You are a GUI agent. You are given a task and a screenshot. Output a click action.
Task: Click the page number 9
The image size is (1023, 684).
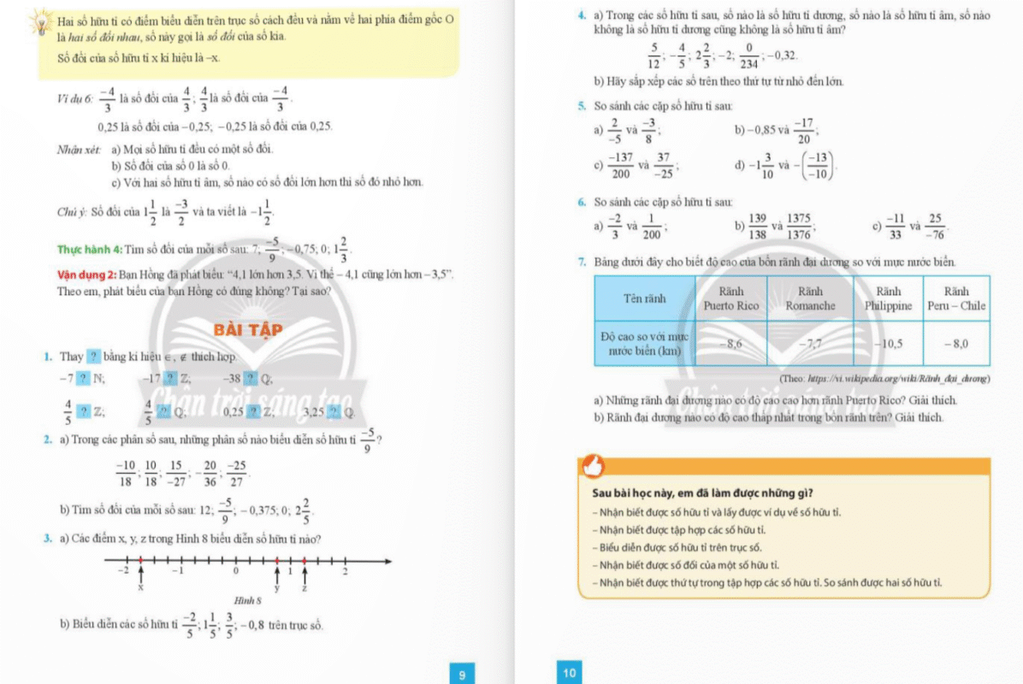[x=462, y=675]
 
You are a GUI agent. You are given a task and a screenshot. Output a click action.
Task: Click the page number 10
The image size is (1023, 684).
[x=570, y=673]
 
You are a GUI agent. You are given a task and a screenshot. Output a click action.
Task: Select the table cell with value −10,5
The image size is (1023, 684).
[x=888, y=344]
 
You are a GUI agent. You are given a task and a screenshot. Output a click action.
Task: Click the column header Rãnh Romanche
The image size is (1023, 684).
[x=809, y=298]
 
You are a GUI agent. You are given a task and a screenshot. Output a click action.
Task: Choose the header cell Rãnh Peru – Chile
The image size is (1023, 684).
[x=956, y=298]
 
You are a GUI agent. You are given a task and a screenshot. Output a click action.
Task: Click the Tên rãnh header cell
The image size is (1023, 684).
[x=644, y=298]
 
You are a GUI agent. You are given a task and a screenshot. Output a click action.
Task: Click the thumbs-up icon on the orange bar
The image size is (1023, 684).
[x=593, y=466]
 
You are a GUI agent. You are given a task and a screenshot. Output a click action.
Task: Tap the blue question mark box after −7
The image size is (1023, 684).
[x=83, y=378]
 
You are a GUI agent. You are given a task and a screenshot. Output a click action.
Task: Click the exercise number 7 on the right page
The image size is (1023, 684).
[x=582, y=262]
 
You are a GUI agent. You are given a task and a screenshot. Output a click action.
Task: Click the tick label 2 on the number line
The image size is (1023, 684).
[x=346, y=571]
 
